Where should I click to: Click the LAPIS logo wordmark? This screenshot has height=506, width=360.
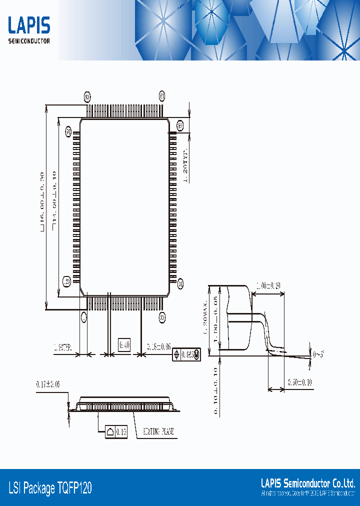click(x=29, y=25)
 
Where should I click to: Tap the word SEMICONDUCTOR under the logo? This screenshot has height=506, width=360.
click(x=29, y=41)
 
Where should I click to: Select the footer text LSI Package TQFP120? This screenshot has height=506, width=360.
click(x=50, y=488)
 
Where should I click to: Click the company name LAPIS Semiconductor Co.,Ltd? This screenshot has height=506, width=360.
click(x=308, y=483)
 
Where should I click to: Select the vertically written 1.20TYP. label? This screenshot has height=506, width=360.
click(x=184, y=165)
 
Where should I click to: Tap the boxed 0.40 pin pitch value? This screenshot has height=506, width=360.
click(x=124, y=344)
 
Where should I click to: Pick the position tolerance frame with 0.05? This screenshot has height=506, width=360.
click(x=186, y=354)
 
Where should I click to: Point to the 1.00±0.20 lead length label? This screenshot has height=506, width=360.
click(x=268, y=286)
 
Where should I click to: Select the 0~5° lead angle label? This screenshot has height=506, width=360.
click(x=318, y=354)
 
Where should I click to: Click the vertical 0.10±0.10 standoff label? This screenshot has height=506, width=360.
click(x=214, y=390)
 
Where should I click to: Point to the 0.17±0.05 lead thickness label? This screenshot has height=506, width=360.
click(x=48, y=384)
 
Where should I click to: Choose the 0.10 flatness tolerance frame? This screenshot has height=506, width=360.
click(x=116, y=431)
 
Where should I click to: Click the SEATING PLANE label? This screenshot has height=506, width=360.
click(x=158, y=431)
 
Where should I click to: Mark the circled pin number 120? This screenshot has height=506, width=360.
click(x=66, y=281)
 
